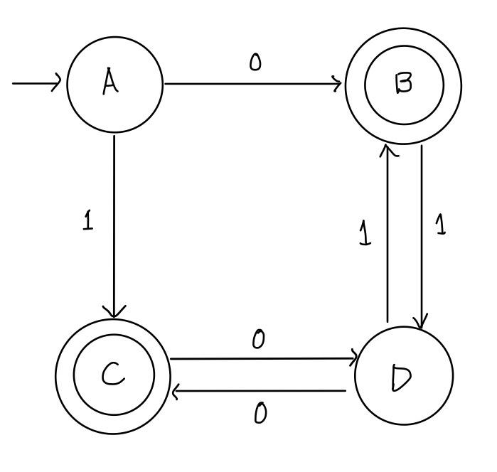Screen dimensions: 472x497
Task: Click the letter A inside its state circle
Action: (110, 84)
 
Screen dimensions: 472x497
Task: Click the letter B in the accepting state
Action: (404, 85)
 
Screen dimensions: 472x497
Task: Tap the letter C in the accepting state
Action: (113, 375)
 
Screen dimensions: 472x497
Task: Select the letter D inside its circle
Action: (401, 379)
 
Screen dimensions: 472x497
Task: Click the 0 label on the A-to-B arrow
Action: (255, 63)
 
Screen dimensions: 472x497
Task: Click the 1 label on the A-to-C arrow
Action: (87, 221)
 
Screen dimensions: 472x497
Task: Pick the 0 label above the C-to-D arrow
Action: (259, 340)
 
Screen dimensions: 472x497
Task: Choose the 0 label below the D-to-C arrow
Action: (260, 413)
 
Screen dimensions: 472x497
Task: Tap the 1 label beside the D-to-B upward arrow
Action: (365, 233)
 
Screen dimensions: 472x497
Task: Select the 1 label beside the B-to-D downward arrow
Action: (441, 226)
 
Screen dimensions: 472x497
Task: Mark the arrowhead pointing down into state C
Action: (114, 311)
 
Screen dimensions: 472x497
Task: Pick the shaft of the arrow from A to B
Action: (249, 84)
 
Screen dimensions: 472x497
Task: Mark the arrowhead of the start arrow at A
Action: (57, 84)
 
